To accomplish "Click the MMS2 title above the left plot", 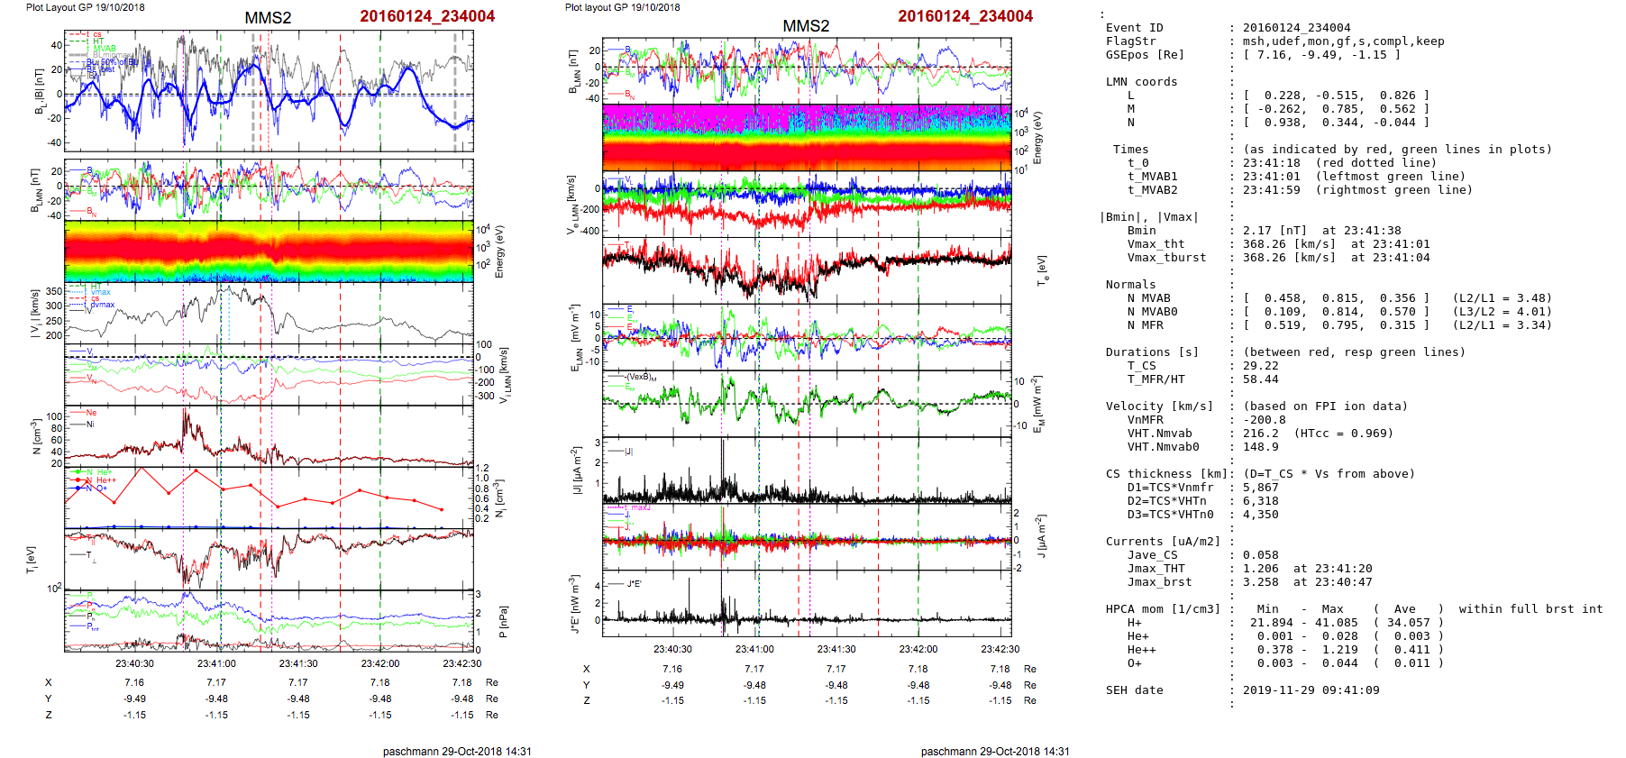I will click(x=268, y=18).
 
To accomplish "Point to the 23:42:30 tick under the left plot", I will click(x=461, y=663).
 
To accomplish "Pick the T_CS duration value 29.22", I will click(x=1260, y=366).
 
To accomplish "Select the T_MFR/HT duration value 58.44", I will click(x=1260, y=379).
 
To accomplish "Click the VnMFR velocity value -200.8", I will click(x=1264, y=420).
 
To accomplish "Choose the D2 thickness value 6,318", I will click(x=1260, y=501).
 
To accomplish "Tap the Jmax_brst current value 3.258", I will click(x=1260, y=582).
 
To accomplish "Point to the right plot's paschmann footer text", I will click(x=994, y=751).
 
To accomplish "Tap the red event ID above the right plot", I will click(x=964, y=16).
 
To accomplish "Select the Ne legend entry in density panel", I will click(x=91, y=413).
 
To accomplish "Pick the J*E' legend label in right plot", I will click(x=634, y=584).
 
